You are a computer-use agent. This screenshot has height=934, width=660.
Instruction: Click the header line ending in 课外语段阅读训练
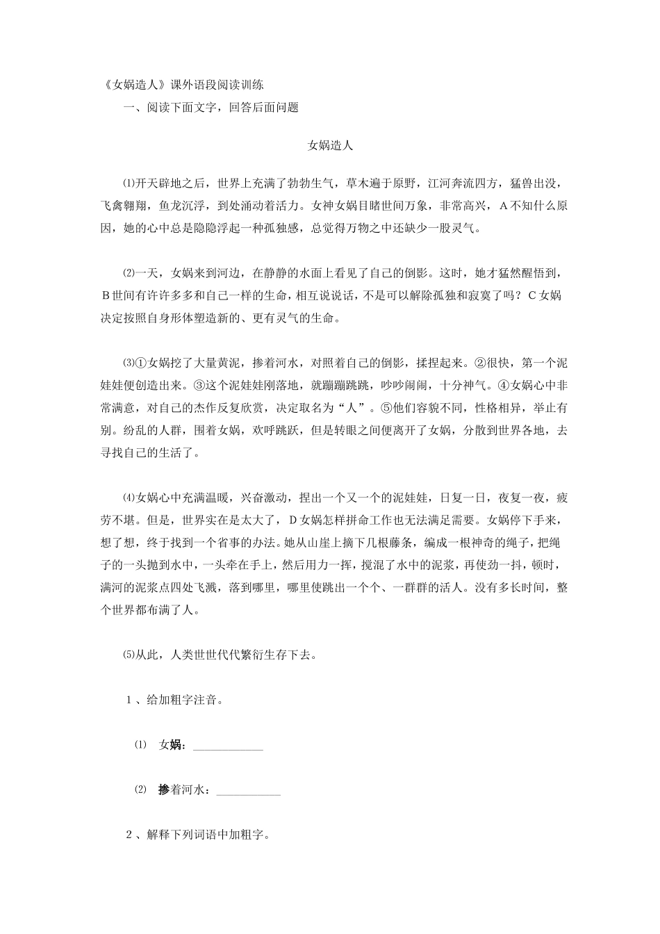click(182, 86)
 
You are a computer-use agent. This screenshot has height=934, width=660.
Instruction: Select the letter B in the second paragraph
click(106, 296)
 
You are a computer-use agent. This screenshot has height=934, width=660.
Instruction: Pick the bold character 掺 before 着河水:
click(164, 789)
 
